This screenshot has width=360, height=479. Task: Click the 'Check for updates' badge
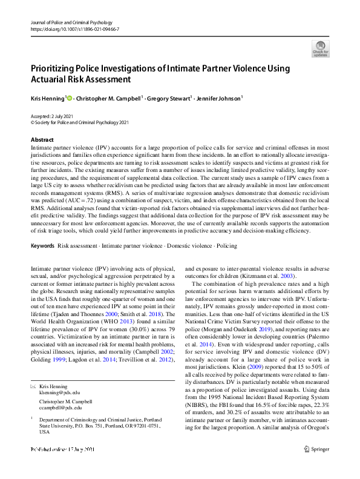point(320,48)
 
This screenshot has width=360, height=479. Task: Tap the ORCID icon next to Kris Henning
point(70,97)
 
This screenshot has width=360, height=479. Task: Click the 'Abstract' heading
point(42,140)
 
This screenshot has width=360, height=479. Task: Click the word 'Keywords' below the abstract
point(42,246)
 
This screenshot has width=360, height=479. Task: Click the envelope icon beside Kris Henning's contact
point(33,369)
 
